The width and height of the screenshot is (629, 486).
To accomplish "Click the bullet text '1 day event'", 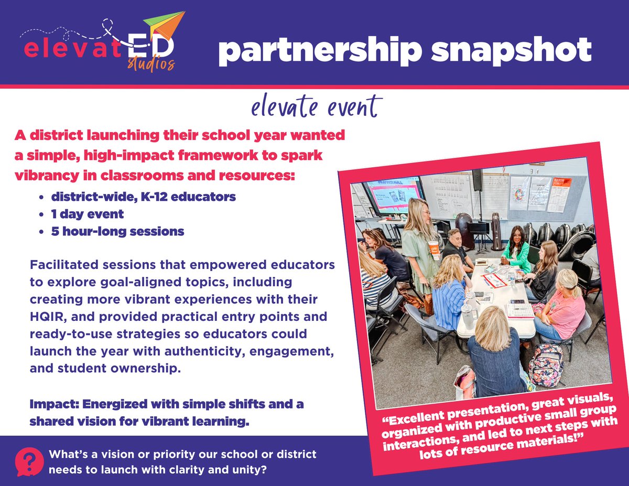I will tap(88, 214).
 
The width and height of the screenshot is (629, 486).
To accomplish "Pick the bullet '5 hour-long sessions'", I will tap(118, 231).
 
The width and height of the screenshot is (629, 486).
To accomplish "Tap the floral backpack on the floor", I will tap(546, 364).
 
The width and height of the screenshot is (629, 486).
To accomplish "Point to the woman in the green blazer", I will tap(516, 251).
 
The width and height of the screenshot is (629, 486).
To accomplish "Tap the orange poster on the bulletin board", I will tap(559, 195).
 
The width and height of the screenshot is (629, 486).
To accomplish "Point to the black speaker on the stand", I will tap(477, 179).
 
